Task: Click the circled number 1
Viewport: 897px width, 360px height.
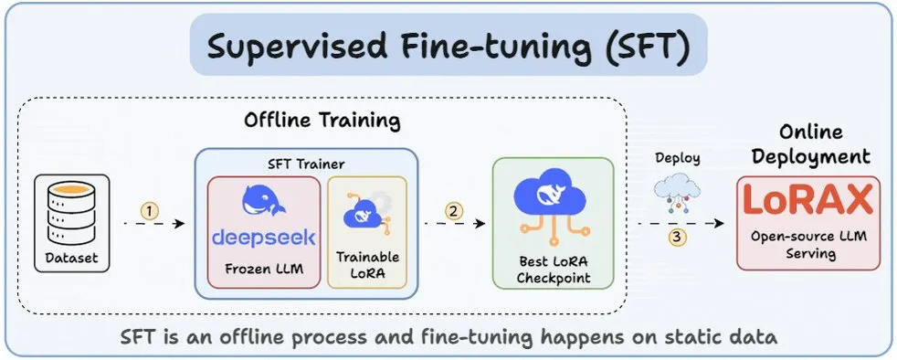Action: click(149, 211)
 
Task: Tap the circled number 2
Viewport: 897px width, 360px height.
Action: click(454, 211)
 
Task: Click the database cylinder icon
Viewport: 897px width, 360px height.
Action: click(71, 213)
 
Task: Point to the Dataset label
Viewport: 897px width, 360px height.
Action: click(71, 259)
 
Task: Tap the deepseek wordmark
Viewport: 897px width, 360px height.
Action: click(264, 238)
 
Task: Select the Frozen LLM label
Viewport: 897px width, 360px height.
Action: click(264, 269)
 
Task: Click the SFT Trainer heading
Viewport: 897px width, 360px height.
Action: click(306, 164)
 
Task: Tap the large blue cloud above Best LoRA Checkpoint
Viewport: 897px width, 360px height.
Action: click(553, 203)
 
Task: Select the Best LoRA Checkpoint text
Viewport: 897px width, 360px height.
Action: click(554, 270)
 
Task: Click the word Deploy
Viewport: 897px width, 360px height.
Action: click(678, 157)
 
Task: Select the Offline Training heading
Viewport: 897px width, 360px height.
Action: click(322, 121)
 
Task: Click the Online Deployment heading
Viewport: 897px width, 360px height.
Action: click(810, 143)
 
